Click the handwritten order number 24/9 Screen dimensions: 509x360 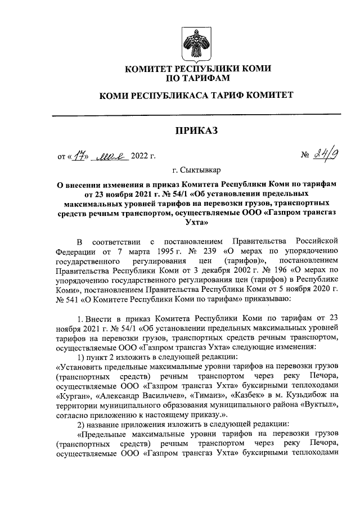[323, 154]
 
